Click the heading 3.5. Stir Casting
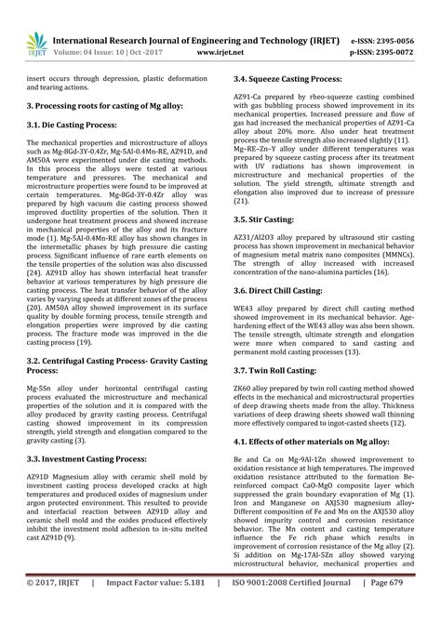click(263, 219)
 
